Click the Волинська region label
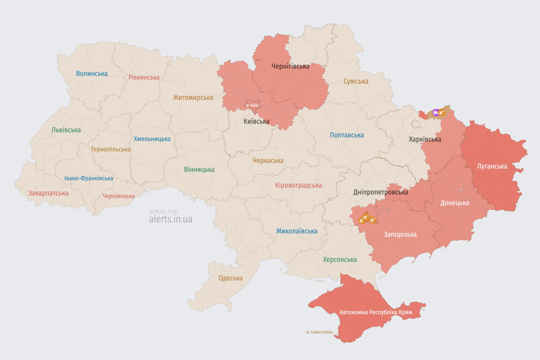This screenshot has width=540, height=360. point(92,74)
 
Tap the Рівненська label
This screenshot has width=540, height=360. point(144,77)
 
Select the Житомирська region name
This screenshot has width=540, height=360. point(193,97)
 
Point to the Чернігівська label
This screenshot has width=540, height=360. point(290,66)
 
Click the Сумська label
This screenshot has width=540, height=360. point(356,81)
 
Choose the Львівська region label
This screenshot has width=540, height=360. point(66,130)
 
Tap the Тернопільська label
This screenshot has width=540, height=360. point(111,149)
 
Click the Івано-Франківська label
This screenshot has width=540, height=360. point(89,178)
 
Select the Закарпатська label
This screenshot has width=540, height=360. point(48,193)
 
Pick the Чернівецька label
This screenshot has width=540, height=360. point(119,196)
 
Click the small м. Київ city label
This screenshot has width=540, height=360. point(252,105)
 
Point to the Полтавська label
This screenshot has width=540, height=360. point(347,135)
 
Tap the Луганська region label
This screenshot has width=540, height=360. point(492,166)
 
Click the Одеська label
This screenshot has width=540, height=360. point(231,278)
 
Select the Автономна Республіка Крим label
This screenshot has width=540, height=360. point(375,312)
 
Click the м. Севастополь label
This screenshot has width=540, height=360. point(320,332)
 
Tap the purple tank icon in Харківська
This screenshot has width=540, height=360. point(436,112)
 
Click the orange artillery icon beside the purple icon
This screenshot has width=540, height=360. point(442,112)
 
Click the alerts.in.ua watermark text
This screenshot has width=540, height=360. point(171,219)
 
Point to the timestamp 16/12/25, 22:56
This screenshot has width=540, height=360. point(163,211)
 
